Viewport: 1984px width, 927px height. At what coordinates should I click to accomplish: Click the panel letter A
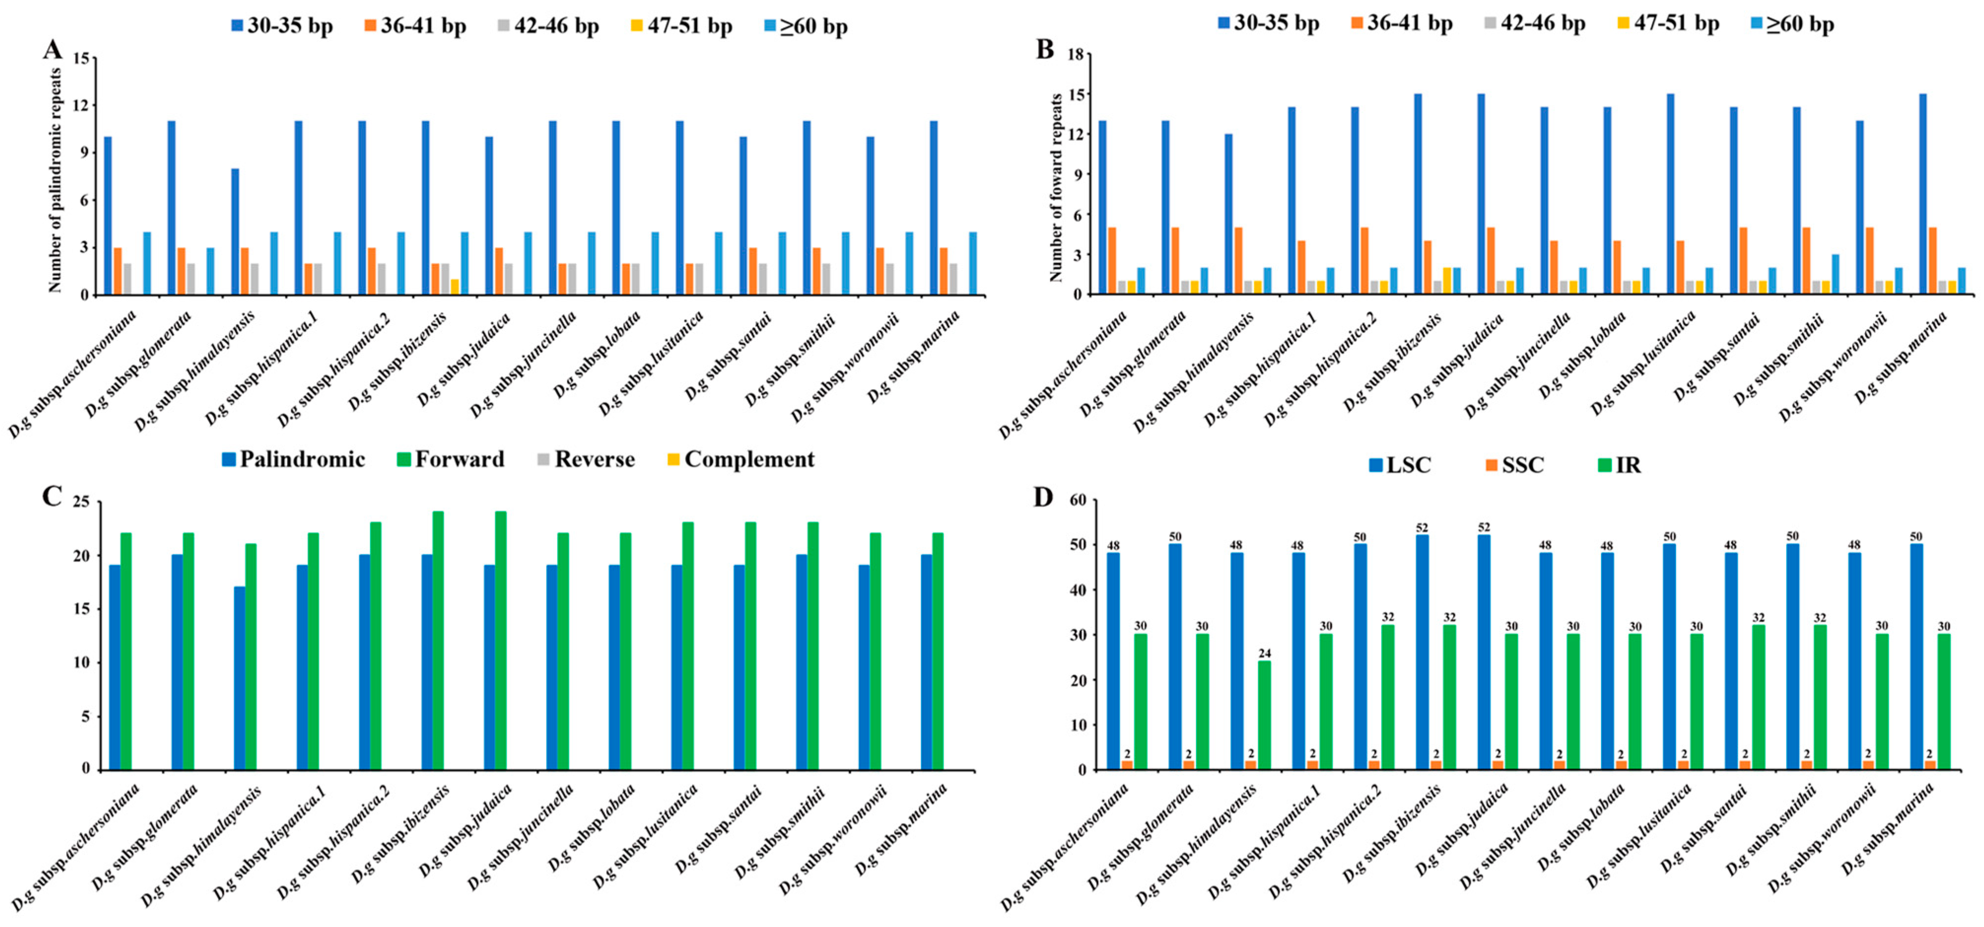pyautogui.click(x=52, y=50)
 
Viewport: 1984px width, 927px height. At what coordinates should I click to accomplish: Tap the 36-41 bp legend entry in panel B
pyautogui.click(x=1401, y=23)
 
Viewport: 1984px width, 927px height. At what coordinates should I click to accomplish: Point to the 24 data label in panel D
pyautogui.click(x=1265, y=654)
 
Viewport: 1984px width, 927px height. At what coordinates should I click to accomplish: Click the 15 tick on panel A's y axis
pyautogui.click(x=80, y=58)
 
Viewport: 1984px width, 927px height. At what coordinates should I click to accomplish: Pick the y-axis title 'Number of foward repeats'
pyautogui.click(x=1056, y=187)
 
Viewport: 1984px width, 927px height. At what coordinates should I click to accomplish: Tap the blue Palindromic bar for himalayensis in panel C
pyautogui.click(x=239, y=678)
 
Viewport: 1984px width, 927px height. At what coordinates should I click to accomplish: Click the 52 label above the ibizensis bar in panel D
pyautogui.click(x=1422, y=528)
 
